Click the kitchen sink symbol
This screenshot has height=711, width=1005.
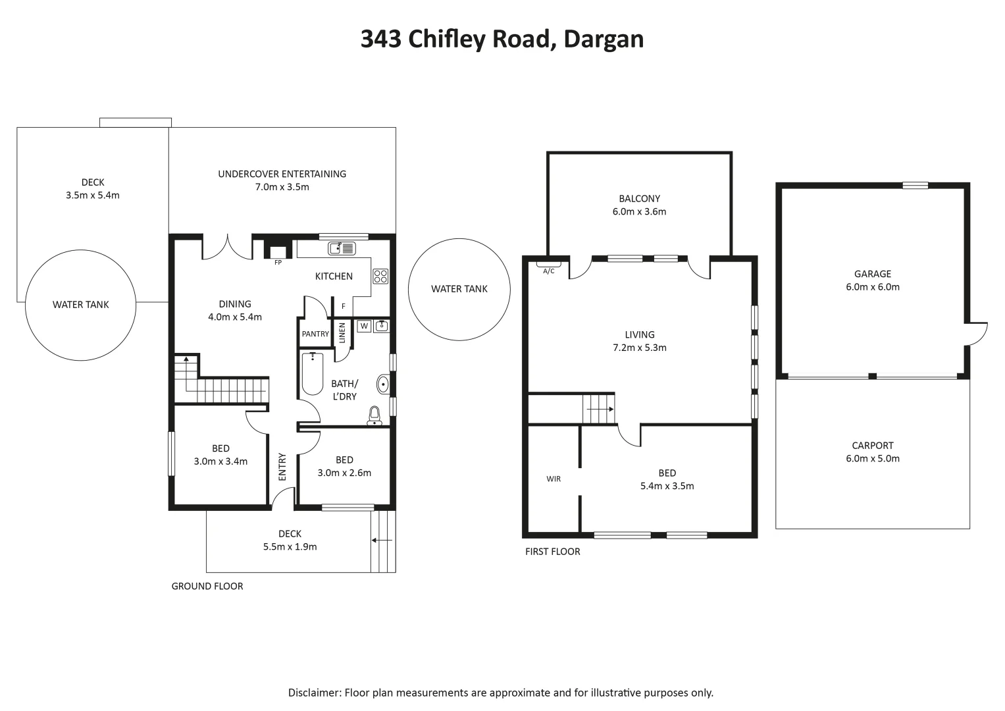(342, 248)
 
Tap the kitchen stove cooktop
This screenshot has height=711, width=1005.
(380, 276)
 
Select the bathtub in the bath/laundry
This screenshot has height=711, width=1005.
(313, 374)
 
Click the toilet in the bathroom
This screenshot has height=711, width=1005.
(374, 415)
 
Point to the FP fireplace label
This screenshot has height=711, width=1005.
(278, 263)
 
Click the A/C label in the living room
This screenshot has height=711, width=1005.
(549, 271)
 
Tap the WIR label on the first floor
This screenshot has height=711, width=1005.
(554, 479)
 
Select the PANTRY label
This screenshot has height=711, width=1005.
(315, 334)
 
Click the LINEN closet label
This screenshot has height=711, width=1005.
(342, 332)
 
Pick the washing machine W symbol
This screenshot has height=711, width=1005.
(365, 327)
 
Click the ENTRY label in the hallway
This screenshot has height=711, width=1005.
(282, 467)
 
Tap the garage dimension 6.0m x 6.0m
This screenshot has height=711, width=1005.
(873, 287)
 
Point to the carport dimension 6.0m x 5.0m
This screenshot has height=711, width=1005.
(873, 458)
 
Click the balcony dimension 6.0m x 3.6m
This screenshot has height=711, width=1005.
(639, 211)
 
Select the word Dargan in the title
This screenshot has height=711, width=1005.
(604, 39)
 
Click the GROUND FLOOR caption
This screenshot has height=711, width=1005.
(207, 586)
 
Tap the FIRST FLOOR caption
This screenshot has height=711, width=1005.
(553, 552)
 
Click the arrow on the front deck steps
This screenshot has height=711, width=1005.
(382, 540)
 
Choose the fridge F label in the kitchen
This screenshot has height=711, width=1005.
(343, 306)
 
